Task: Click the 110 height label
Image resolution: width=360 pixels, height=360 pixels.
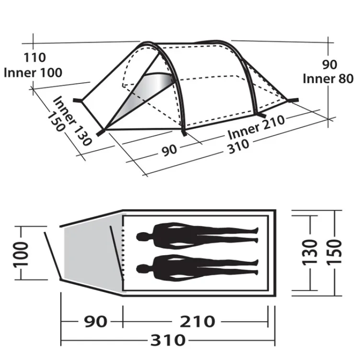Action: (35, 57)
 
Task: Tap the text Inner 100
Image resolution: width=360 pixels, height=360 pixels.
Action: (33, 73)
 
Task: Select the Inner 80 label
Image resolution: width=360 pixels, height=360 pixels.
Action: (328, 79)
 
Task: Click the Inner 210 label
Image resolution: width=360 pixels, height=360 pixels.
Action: (256, 127)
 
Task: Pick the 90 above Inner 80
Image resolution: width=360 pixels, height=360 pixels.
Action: (330, 65)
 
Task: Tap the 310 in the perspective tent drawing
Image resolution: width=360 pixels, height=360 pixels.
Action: (238, 146)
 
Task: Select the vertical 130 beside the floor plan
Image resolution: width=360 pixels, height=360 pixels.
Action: (310, 253)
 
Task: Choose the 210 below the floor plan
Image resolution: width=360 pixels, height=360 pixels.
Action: (197, 321)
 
